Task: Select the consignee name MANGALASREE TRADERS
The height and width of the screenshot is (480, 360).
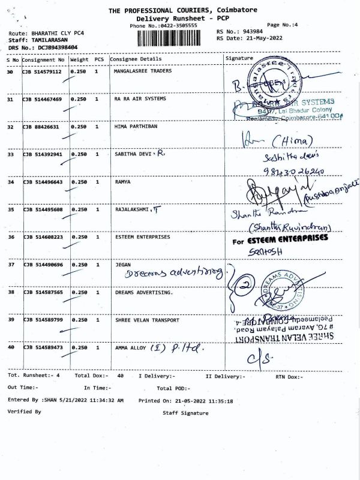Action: point(142,71)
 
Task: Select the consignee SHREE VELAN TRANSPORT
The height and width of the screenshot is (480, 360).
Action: point(146,320)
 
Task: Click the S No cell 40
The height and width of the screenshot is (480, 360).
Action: point(10,347)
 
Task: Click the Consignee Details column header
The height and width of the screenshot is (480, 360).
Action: point(137,59)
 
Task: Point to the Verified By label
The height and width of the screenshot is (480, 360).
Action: point(24,412)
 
